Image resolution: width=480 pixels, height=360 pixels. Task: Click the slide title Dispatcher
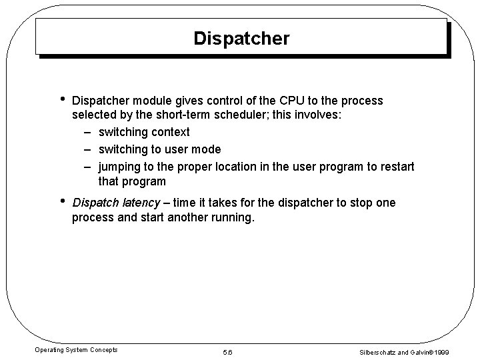241,39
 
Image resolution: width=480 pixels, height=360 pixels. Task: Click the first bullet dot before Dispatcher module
61,99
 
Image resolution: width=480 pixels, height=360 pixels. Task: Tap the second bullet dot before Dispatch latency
61,201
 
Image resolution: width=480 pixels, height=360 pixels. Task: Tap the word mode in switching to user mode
207,149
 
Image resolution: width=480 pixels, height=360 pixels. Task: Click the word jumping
120,165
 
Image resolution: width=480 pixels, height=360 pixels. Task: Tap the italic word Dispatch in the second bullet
96,203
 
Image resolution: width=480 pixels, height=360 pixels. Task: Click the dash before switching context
88,133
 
